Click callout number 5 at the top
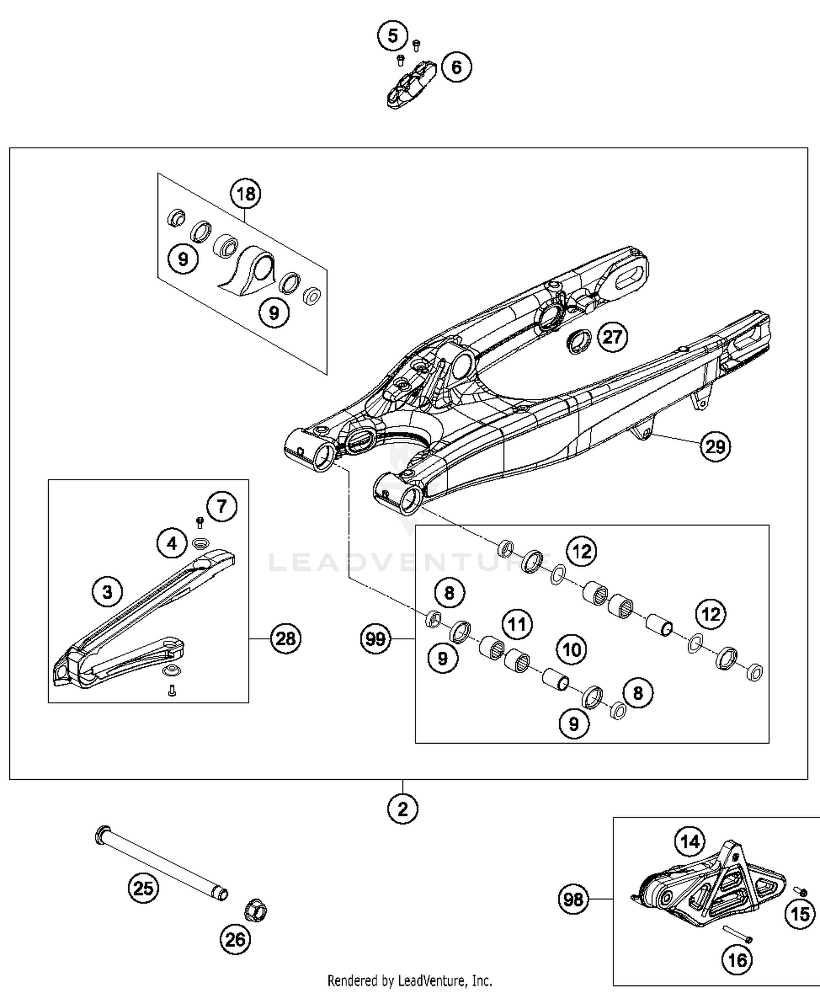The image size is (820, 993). click(x=393, y=37)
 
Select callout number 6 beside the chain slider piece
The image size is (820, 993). click(x=456, y=67)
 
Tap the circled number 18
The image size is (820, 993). click(x=245, y=194)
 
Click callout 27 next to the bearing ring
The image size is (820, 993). click(x=612, y=337)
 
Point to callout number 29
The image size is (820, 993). click(x=715, y=447)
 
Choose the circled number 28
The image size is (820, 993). click(x=285, y=638)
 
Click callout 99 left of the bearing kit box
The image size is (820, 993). click(x=376, y=638)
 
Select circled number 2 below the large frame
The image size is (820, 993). click(x=403, y=809)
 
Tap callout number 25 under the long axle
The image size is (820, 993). click(x=143, y=888)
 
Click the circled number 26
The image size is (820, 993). click(x=235, y=940)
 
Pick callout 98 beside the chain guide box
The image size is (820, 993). click(x=573, y=899)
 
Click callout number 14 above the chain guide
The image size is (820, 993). click(x=689, y=841)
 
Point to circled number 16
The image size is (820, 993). click(x=737, y=960)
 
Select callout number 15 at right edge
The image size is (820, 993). click(x=800, y=914)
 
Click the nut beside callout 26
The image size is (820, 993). click(x=254, y=910)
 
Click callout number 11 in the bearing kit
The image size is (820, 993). click(x=517, y=624)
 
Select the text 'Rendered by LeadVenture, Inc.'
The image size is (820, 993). click(x=409, y=980)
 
